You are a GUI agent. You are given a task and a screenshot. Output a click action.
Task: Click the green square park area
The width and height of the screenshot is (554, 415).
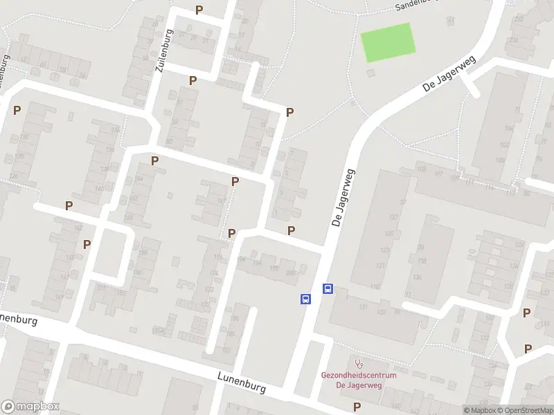point(388,42)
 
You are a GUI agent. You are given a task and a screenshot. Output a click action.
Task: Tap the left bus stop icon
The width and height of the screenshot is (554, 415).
point(305,299)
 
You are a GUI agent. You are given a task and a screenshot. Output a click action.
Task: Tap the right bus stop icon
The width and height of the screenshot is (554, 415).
point(328,289)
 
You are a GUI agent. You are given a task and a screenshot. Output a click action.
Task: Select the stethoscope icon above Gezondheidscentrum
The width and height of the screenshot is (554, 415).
point(358,362)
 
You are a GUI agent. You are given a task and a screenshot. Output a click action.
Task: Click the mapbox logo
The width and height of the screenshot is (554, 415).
point(30,407)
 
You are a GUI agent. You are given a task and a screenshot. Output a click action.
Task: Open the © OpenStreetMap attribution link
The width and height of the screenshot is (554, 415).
point(524,410)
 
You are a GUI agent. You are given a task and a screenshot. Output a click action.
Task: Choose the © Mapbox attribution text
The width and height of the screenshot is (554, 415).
point(479,410)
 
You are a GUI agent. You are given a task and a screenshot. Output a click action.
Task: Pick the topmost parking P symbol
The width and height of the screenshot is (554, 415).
point(199,10)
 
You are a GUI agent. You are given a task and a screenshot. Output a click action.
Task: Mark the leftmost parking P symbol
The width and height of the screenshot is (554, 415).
point(17,110)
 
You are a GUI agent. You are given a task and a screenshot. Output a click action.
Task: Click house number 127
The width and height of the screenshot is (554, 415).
point(394,218)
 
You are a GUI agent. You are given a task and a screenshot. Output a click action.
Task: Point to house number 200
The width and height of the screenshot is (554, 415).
point(289,273)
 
